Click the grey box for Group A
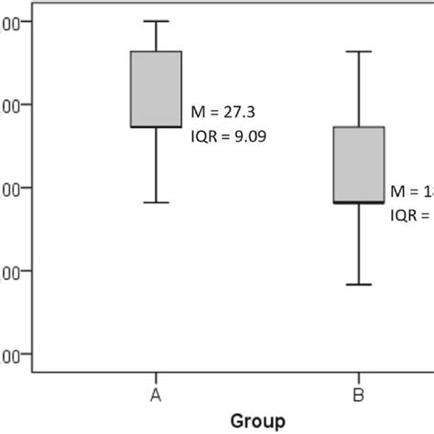click(157, 89)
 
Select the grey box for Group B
click(359, 164)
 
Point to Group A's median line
click(157, 126)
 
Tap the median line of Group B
click(359, 201)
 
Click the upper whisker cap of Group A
click(157, 21)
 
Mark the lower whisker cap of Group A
click(157, 201)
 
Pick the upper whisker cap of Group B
click(359, 51)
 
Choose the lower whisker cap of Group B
click(359, 284)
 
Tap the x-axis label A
click(157, 395)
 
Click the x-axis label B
click(359, 395)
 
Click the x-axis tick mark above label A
click(157, 377)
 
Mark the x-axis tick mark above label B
click(359, 377)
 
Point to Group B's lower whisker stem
click(359, 244)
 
